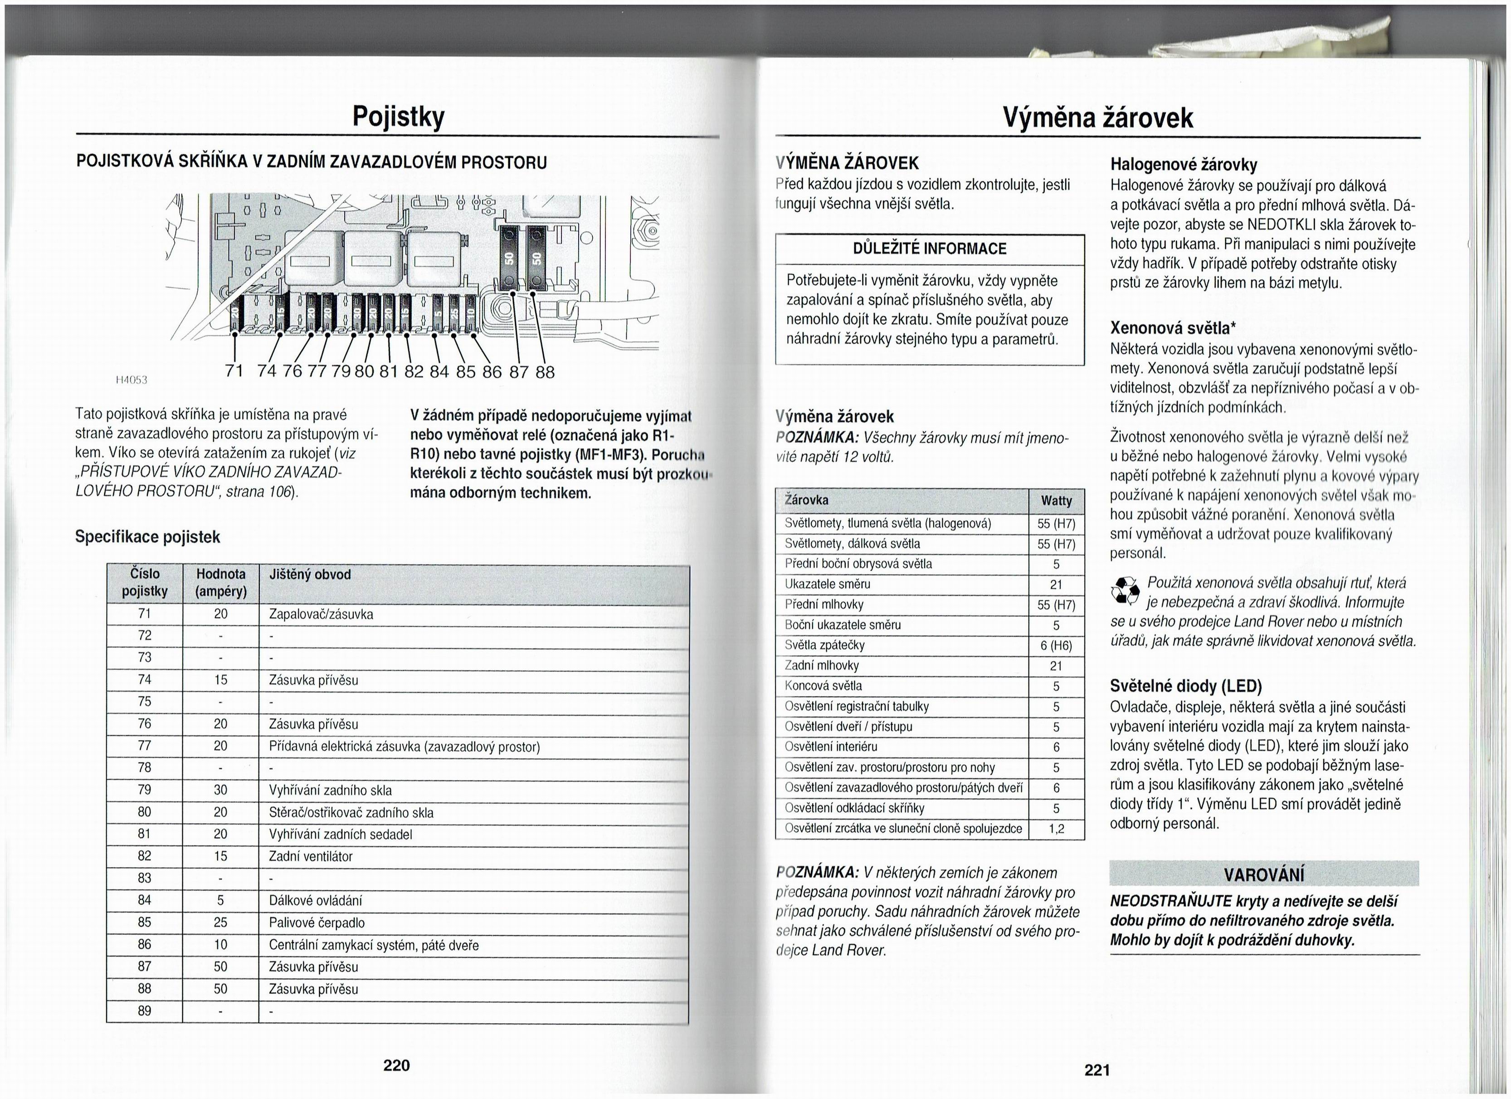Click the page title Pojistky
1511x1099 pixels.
[397, 117]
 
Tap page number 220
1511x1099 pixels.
[396, 1065]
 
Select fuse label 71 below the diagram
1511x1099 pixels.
[234, 371]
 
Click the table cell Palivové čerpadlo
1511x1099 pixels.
[317, 923]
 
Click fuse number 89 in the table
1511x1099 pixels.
[145, 1011]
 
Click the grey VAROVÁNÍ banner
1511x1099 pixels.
[1264, 874]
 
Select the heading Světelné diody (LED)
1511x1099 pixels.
[1186, 686]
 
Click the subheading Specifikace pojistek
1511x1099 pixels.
[147, 537]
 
